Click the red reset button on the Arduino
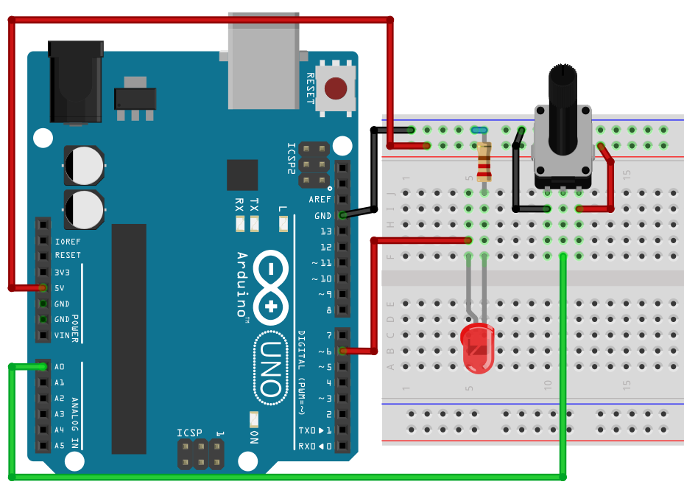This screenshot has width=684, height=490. coord(336,88)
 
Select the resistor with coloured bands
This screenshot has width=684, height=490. coord(483,161)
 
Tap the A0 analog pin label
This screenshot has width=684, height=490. coord(60,367)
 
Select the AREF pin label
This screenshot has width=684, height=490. coord(320,200)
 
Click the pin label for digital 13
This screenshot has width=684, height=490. coord(325,231)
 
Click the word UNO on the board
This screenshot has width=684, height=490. coord(272,368)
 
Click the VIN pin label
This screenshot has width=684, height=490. coord(62,335)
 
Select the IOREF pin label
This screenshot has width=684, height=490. coord(67,240)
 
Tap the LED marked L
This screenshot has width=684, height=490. coord(283,225)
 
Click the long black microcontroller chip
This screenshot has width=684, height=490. coord(129,339)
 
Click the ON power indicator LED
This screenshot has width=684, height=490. coord(254,419)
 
